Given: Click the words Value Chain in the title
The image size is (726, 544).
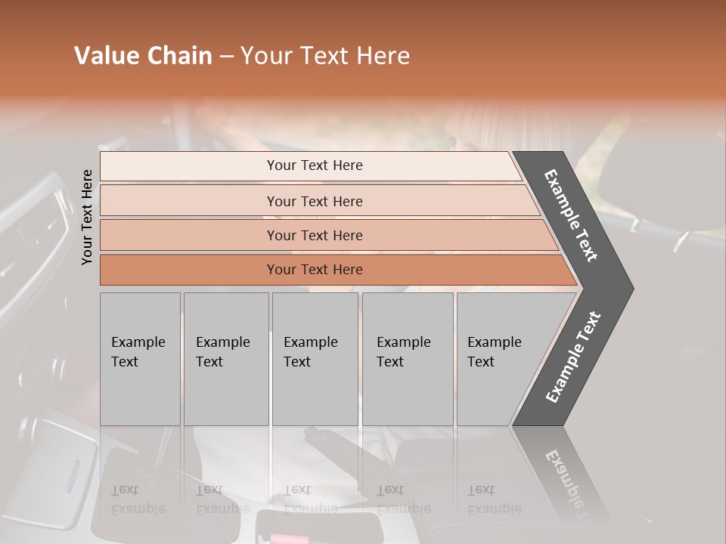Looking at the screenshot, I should click(143, 56).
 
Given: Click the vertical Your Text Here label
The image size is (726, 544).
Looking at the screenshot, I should click(87, 217).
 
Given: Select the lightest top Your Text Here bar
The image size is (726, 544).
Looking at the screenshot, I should click(314, 165).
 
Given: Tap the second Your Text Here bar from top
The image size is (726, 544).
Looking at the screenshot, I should click(314, 201).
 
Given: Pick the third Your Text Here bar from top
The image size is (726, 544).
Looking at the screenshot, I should click(314, 235).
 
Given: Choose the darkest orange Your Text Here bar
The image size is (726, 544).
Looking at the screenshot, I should click(314, 270).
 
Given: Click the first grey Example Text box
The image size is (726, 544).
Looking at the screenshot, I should click(140, 359).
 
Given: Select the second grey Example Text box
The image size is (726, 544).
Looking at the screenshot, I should click(225, 359).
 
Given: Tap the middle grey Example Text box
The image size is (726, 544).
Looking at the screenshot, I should click(315, 359).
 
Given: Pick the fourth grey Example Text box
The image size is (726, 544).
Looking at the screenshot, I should click(407, 359).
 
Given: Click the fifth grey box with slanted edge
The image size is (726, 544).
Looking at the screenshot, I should click(499, 359).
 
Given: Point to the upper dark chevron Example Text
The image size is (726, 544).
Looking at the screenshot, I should click(572, 215).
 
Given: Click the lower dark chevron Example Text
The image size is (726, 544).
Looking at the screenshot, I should click(573, 357).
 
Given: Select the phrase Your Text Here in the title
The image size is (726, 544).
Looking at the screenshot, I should click(325, 56).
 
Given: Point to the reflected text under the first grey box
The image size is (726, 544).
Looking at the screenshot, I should click(138, 499).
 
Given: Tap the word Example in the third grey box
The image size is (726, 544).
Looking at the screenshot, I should click(310, 342).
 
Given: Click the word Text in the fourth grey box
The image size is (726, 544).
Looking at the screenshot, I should click(390, 362).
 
